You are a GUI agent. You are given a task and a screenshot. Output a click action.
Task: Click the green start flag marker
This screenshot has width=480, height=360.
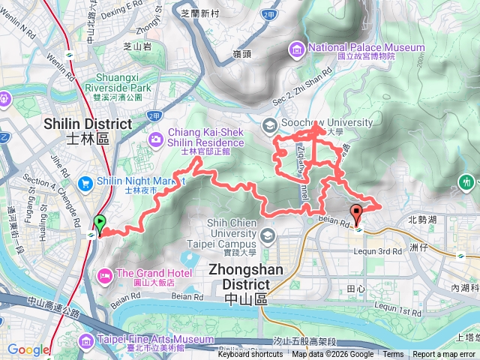pyautogui.click(x=99, y=223)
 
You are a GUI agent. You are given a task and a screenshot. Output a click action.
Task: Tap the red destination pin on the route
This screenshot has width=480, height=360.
pyautogui.click(x=357, y=211)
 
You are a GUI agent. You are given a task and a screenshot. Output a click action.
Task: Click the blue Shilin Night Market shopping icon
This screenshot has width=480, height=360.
pyautogui.click(x=85, y=181)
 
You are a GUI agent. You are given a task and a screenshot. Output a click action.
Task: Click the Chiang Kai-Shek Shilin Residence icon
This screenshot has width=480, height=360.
pyautogui.click(x=156, y=138)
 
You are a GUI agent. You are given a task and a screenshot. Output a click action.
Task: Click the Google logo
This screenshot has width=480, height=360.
pyautogui.click(x=28, y=349)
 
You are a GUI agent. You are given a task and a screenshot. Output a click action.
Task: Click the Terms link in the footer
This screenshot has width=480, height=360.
pyautogui.click(x=393, y=355)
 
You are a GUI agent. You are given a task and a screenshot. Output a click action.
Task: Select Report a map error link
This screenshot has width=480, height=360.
pyautogui.click(x=445, y=355)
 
